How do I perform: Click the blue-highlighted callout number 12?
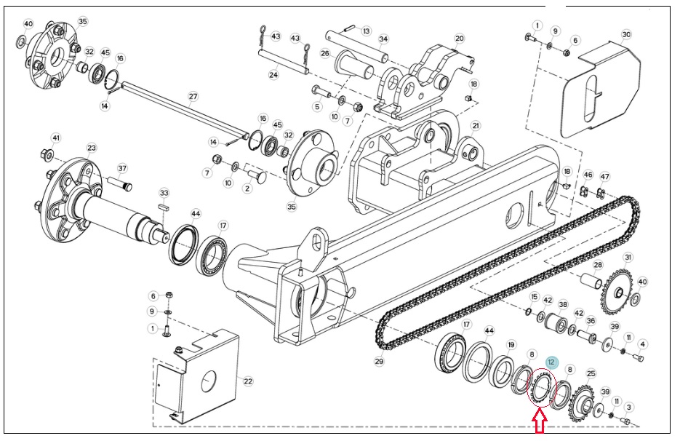551,362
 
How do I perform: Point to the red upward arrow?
539,421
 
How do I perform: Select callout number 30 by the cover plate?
625,35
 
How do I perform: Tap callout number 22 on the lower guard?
247,381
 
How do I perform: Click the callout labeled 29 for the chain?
379,361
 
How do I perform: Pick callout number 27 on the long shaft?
193,96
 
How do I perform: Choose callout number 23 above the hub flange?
92,148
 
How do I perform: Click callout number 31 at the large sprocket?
628,258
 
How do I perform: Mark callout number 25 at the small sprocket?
591,373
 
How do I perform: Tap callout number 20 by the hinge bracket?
459,38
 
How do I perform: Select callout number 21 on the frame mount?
476,126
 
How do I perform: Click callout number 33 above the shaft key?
164,193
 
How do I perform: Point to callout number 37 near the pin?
122,168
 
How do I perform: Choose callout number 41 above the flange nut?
56,138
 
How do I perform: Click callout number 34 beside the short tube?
383,39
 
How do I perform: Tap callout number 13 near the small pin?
367,31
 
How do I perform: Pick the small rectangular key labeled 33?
164,207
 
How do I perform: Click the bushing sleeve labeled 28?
591,280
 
